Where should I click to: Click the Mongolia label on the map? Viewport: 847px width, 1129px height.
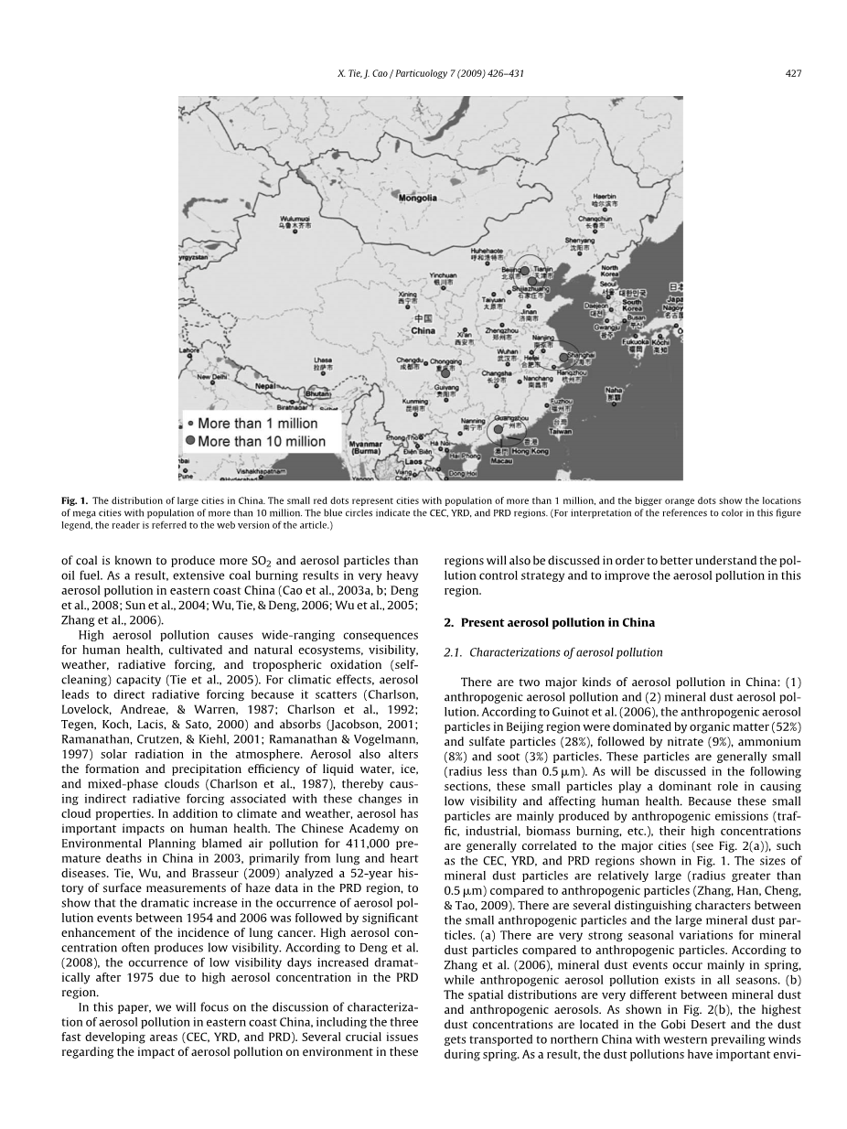pos(417,198)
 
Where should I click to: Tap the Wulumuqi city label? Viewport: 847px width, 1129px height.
pos(295,218)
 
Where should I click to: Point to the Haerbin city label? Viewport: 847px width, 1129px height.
pos(605,197)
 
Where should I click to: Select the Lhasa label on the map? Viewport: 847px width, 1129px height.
pos(322,360)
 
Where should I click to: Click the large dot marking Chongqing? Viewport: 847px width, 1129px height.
pos(445,372)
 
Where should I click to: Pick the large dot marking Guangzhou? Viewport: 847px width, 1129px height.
pos(498,428)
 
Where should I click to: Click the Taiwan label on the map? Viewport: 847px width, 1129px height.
pos(560,430)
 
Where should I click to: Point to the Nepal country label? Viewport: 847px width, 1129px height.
pos(265,386)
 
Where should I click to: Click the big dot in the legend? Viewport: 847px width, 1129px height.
pos(190,441)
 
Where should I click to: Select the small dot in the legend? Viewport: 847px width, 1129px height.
pos(190,424)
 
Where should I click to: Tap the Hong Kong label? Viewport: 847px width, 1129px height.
pos(531,451)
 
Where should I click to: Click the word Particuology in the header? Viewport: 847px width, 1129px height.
pos(432,73)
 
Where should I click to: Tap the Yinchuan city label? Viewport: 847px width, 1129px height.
pos(443,275)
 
